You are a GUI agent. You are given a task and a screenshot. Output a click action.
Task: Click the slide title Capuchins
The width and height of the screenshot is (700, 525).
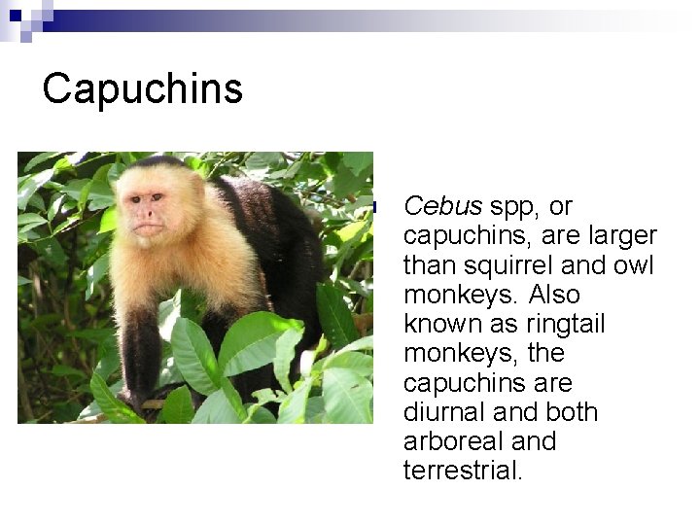(x=142, y=89)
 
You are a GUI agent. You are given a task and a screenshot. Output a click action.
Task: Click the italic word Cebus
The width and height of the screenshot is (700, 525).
(x=442, y=206)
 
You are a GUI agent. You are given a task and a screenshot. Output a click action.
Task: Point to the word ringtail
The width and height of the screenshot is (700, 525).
(x=553, y=324)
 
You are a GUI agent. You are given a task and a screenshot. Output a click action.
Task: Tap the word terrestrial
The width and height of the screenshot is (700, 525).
(x=463, y=471)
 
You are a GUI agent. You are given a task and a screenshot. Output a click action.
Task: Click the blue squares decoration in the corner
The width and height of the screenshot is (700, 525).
(x=21, y=17)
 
